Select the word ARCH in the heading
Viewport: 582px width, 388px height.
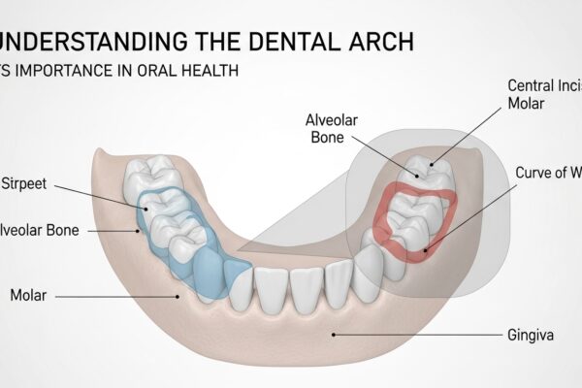click(382, 42)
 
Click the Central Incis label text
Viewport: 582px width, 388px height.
click(544, 85)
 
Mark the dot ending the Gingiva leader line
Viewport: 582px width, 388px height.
click(334, 333)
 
